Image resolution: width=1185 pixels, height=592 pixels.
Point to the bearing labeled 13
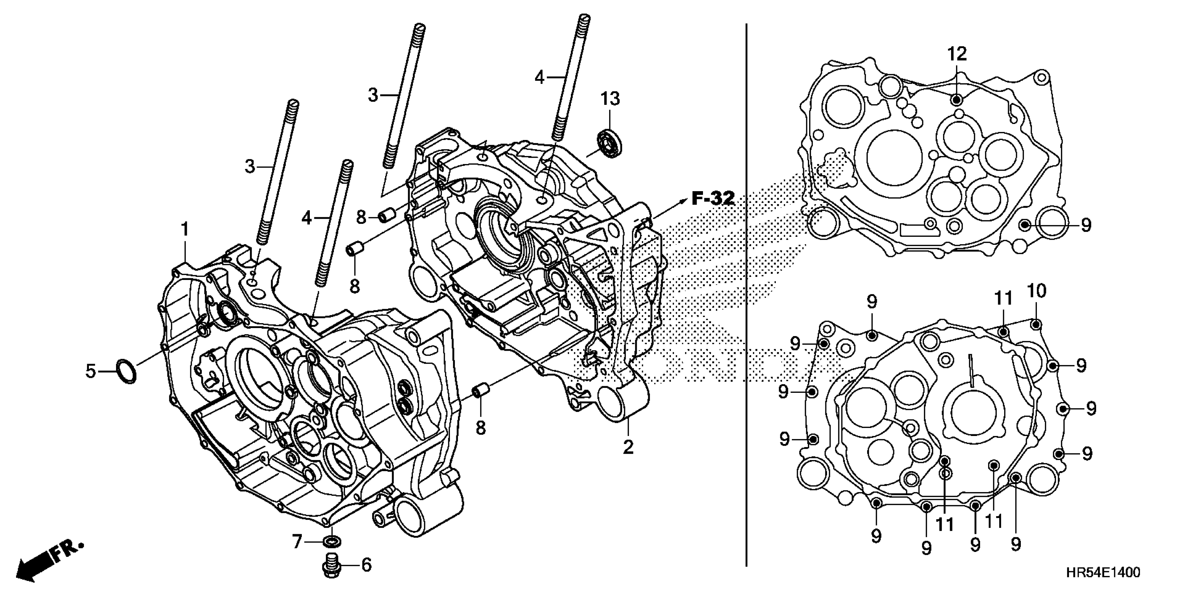[610, 144]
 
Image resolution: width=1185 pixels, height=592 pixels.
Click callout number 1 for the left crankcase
[185, 229]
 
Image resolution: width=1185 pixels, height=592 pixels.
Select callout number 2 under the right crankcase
[628, 447]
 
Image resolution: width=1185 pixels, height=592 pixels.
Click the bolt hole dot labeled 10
[1035, 325]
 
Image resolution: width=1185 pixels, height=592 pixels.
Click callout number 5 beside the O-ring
[91, 371]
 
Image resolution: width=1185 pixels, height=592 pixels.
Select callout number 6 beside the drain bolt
[366, 565]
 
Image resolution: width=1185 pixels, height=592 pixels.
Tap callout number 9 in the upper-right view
[1086, 225]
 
